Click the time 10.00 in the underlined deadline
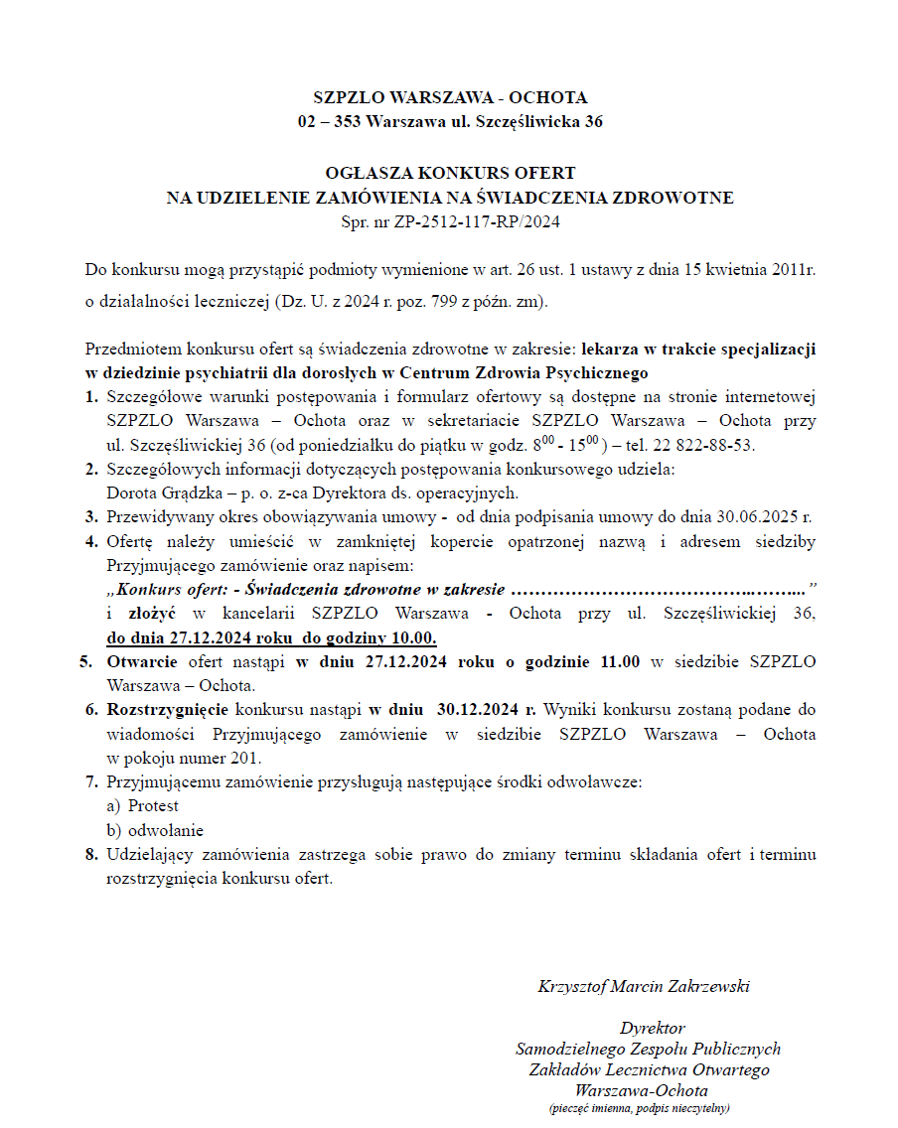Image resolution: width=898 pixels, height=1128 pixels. click(416, 637)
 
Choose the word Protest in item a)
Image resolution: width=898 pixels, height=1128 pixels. click(153, 806)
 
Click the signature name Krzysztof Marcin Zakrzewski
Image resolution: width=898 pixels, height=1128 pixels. click(643, 986)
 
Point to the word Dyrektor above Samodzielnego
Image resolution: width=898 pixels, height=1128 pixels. click(653, 1028)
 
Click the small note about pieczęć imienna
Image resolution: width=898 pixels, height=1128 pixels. click(640, 1107)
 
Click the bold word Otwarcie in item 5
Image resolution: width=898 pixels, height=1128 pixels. click(142, 662)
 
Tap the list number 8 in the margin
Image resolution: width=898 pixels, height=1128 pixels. click(90, 855)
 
